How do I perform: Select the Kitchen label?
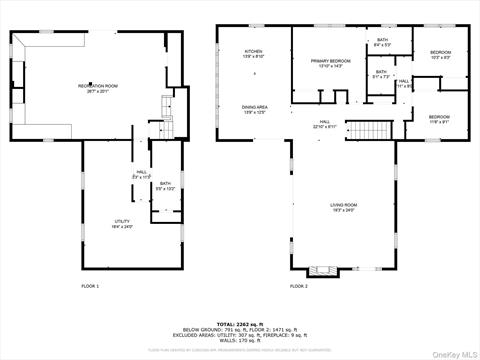tap(254, 54)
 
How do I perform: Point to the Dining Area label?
tap(254, 109)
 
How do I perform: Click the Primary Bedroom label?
tap(329, 63)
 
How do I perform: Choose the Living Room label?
tap(344, 208)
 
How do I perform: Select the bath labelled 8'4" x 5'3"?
tap(382, 45)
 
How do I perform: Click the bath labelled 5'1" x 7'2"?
tap(381, 74)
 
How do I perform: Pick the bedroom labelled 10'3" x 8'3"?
tap(440, 54)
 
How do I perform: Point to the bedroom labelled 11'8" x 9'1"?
tap(440, 119)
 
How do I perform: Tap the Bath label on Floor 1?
tap(165, 185)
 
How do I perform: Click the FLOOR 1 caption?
tap(90, 287)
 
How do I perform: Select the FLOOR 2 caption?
tap(299, 287)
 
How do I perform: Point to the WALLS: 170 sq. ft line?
tap(240, 341)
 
